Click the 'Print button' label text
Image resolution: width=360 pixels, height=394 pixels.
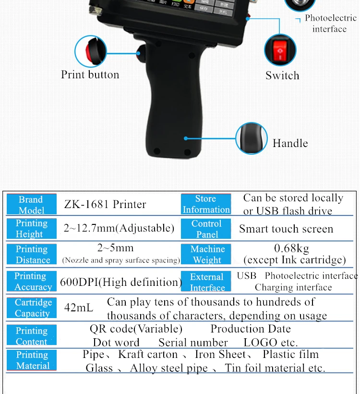click(90, 75)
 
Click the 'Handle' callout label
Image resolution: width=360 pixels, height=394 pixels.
click(290, 143)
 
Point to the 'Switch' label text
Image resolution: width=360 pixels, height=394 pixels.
click(282, 75)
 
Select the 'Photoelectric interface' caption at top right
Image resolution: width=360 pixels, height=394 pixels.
click(331, 24)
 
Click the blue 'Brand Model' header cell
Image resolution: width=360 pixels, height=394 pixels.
click(31, 205)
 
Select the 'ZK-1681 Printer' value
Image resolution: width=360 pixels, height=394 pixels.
click(105, 204)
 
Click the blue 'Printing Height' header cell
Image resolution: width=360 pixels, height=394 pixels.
click(31, 229)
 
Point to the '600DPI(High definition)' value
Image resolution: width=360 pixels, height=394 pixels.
click(120, 282)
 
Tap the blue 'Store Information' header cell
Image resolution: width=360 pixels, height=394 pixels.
click(206, 204)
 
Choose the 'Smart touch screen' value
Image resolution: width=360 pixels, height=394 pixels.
click(286, 229)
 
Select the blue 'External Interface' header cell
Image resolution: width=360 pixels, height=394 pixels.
click(206, 282)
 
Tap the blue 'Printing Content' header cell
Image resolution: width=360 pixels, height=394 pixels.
click(31, 336)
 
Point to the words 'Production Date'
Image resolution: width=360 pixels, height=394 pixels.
click(251, 329)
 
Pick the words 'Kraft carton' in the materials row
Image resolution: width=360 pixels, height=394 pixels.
click(148, 355)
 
